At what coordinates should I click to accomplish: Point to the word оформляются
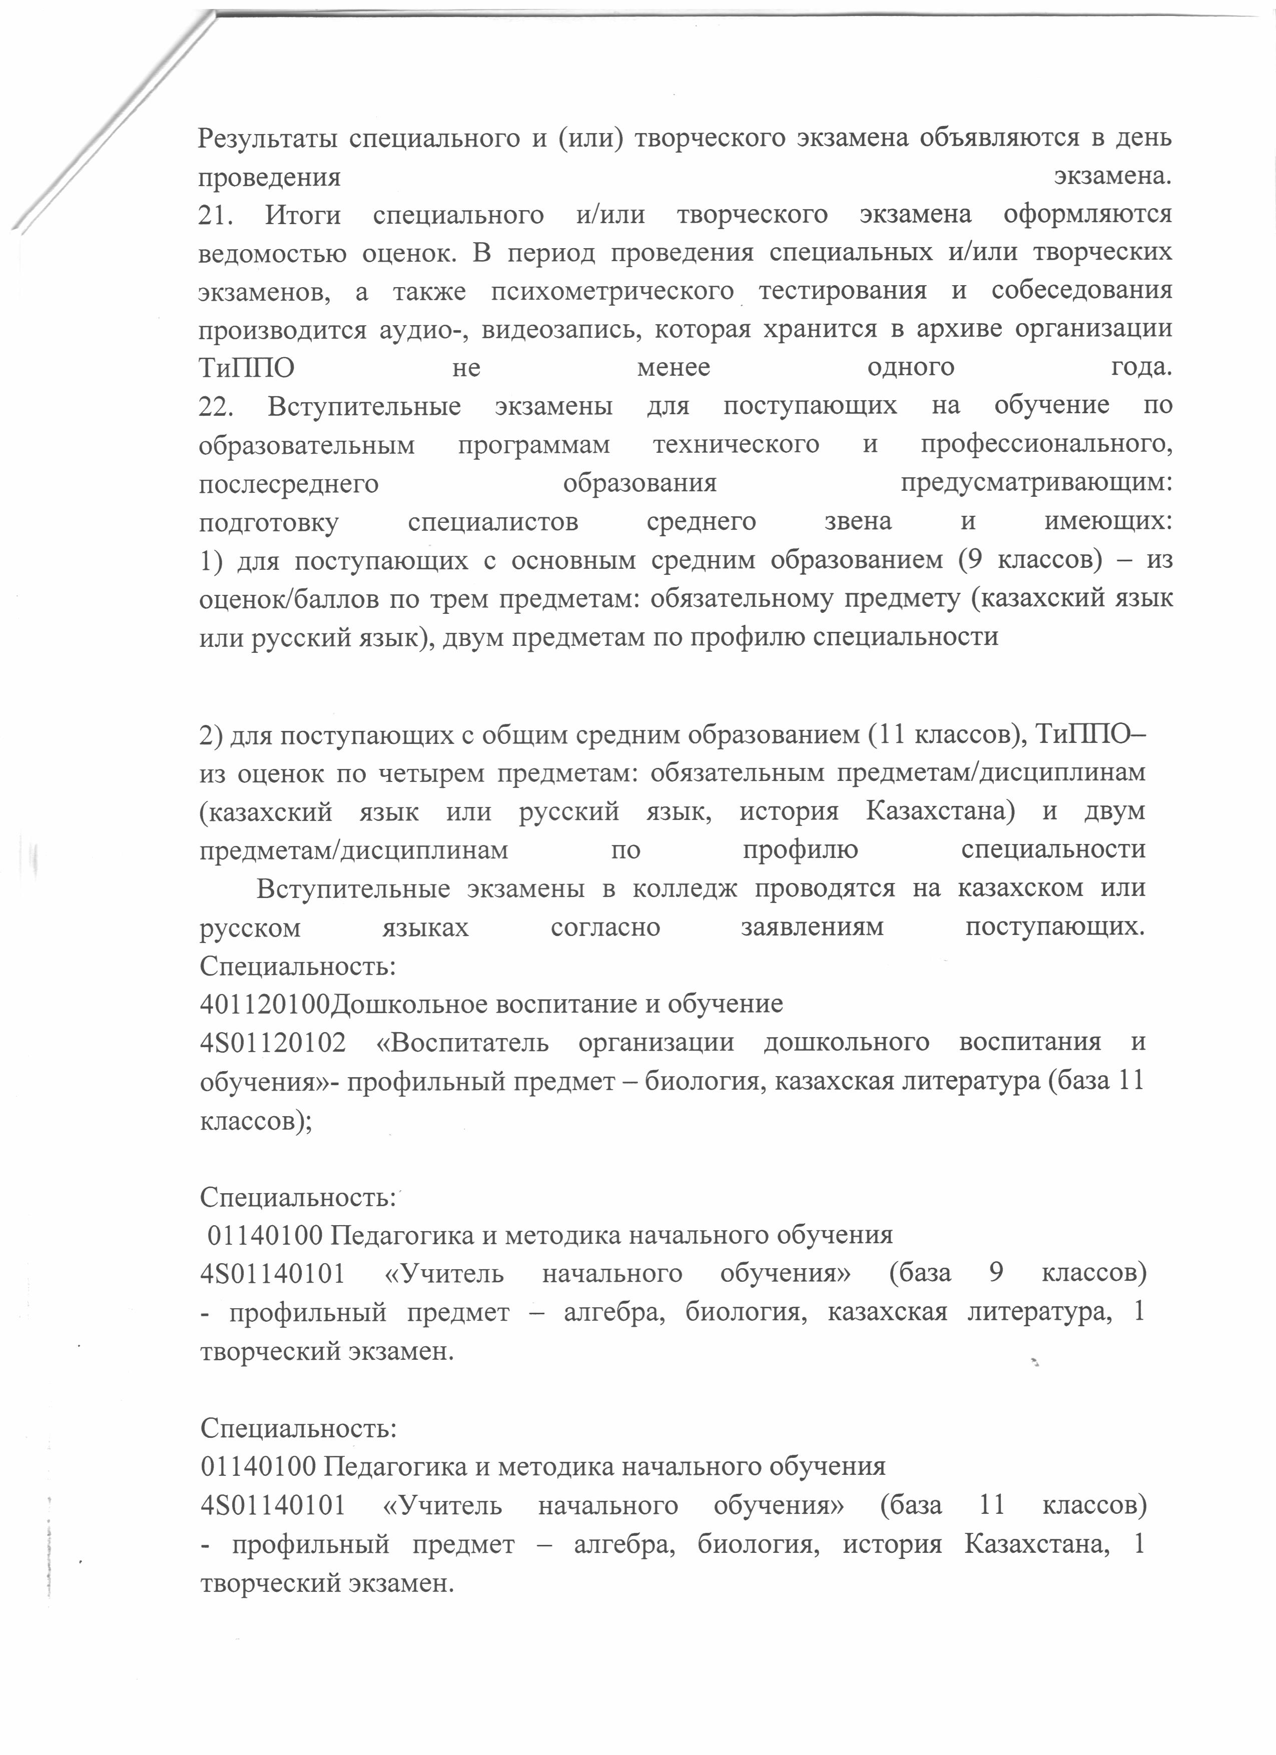1087,214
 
